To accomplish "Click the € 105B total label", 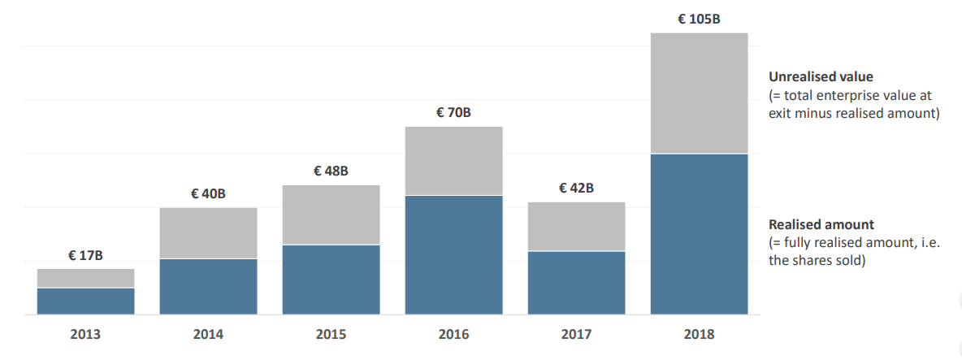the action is click(699, 19).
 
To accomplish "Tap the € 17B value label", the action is click(85, 256).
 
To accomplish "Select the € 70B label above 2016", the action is click(453, 113).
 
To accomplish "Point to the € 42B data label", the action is click(576, 189).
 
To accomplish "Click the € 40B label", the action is click(208, 193).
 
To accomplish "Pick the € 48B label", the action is click(331, 171).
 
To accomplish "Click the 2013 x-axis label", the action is click(85, 335).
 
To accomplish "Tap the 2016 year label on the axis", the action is click(453, 335).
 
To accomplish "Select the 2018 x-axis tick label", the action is click(699, 335).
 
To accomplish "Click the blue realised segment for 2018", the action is click(699, 234).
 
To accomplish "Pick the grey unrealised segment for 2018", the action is click(699, 93).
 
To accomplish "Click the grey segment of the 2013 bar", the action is click(85, 278).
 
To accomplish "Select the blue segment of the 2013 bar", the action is click(85, 301).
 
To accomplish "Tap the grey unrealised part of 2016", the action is click(453, 161).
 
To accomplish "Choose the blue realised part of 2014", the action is click(208, 287).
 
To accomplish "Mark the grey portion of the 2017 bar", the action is click(576, 226).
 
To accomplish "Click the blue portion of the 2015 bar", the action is click(331, 280).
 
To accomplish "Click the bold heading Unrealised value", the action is click(821, 77).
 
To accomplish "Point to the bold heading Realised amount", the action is click(821, 224).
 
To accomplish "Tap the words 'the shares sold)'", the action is click(817, 261).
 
